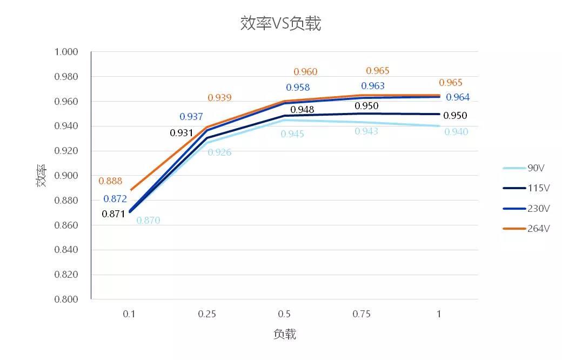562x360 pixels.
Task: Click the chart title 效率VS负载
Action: pos(280,24)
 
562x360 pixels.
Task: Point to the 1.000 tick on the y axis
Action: pos(66,52)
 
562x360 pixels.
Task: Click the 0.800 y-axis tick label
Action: pos(66,299)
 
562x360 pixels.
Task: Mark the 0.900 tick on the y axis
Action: pos(66,176)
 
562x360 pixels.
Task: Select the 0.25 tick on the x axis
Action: pos(206,314)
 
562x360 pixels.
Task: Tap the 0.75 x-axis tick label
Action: pos(361,314)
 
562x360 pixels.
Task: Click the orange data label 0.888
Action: pos(110,181)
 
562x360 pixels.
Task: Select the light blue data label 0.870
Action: pos(148,221)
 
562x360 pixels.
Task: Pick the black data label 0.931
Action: pos(182,132)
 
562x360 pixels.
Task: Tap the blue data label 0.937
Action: pos(191,117)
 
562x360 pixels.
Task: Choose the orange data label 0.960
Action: pos(305,72)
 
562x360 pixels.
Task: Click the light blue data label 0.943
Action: pos(366,131)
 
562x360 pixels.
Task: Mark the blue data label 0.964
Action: pos(458,97)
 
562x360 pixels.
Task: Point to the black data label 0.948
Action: pos(302,110)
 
